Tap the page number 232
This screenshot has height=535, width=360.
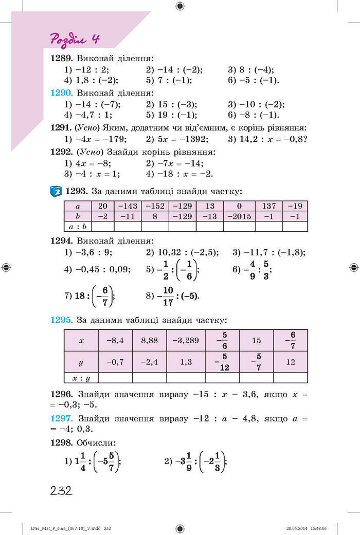coord(61,490)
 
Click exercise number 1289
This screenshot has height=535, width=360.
coord(62,59)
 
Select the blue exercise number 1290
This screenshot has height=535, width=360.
coord(62,93)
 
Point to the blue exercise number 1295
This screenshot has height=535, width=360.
coord(62,319)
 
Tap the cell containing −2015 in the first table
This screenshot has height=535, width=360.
coord(239,216)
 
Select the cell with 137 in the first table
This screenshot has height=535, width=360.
coord(268,206)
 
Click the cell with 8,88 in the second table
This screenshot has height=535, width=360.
coord(149,340)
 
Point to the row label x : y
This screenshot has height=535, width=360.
coord(81,378)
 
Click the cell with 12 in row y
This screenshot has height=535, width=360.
coord(290,362)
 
